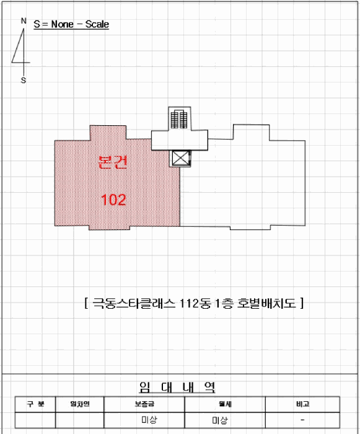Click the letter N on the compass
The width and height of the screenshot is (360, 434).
(24, 20)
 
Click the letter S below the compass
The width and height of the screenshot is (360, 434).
(24, 80)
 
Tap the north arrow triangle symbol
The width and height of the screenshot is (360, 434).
(20, 47)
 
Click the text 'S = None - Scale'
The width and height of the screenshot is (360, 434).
(71, 24)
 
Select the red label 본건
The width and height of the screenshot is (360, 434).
(113, 162)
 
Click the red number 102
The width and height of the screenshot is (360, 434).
(113, 200)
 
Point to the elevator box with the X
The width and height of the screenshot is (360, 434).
(180, 158)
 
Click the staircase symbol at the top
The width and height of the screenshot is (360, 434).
(179, 119)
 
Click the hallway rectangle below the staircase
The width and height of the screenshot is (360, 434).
(180, 140)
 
